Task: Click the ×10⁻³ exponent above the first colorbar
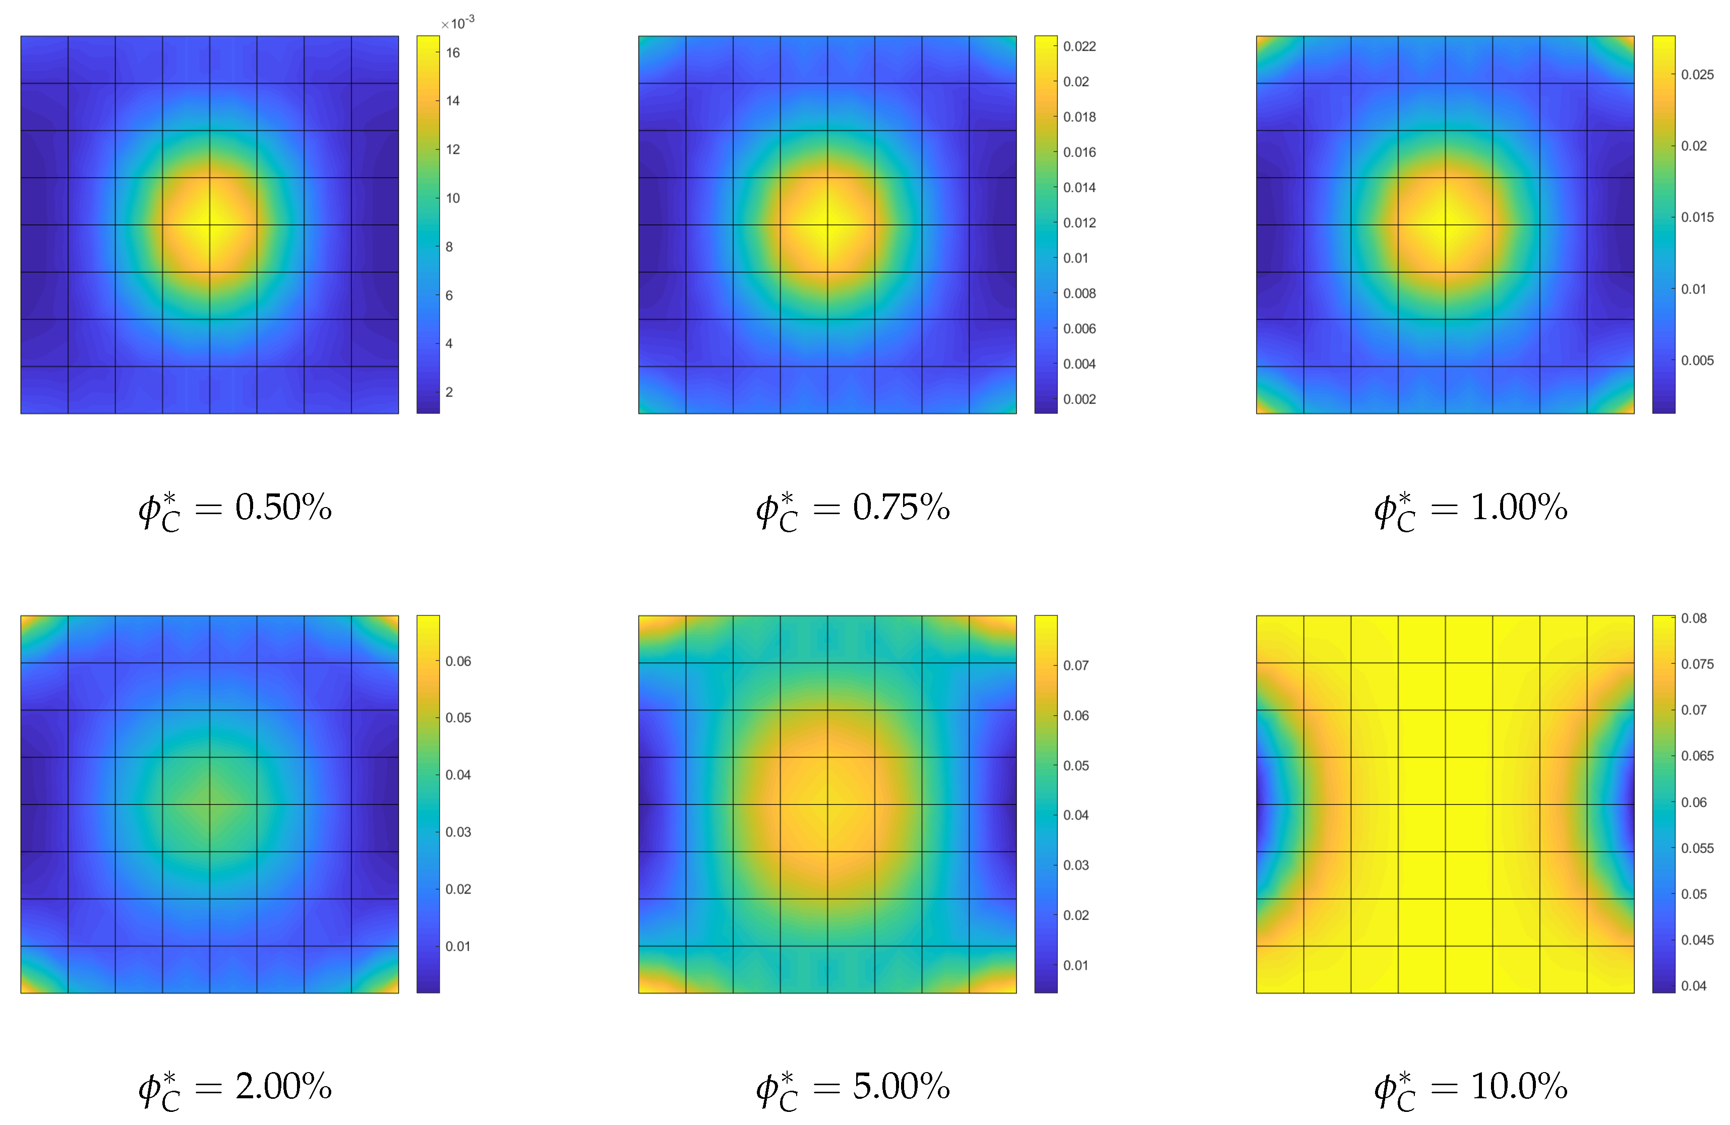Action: point(457,23)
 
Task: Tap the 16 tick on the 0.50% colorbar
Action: point(452,52)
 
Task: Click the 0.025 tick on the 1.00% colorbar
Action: point(1697,74)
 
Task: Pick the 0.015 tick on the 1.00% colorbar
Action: point(1697,217)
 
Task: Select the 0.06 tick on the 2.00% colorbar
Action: point(458,661)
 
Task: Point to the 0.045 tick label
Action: point(1697,940)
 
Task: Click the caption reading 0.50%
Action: point(235,509)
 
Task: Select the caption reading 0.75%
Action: point(853,509)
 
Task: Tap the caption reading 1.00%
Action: point(1470,509)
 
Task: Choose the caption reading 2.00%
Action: point(235,1088)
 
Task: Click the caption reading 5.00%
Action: point(853,1088)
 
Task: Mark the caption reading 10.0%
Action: point(1470,1088)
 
